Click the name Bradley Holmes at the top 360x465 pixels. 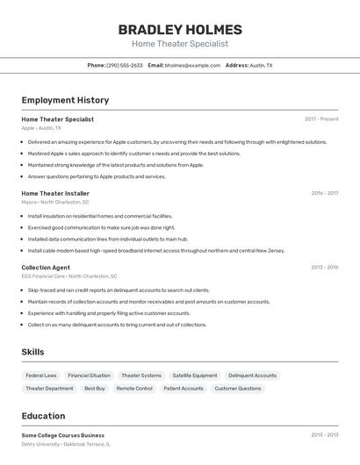point(180,29)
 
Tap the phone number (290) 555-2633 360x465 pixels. point(125,65)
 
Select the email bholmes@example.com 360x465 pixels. point(192,65)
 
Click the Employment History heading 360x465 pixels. point(65,100)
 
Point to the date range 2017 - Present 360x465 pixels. point(321,118)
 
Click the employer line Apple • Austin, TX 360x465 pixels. point(41,128)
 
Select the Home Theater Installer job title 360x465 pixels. point(55,193)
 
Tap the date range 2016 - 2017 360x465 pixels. point(324,193)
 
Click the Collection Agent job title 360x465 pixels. point(46,268)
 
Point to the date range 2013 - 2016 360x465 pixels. point(324,268)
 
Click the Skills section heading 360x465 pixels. point(33,352)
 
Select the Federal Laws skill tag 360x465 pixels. point(41,376)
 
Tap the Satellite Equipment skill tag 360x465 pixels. point(194,376)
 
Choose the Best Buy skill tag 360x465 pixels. point(95,388)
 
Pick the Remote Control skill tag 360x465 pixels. point(134,388)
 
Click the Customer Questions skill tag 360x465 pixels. point(238,388)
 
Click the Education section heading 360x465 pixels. point(43,416)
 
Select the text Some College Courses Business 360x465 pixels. point(62,435)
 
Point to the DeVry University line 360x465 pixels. point(66,445)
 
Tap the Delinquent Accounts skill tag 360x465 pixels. point(252,376)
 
